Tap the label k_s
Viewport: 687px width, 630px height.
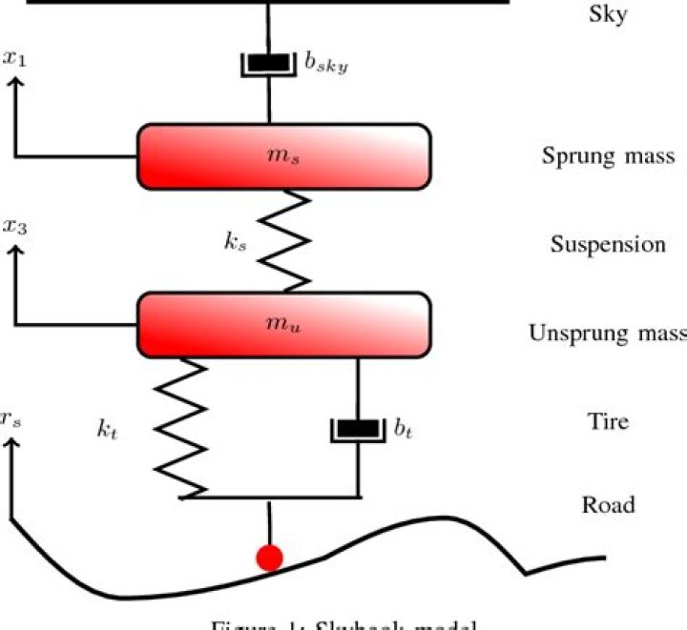pos(236,244)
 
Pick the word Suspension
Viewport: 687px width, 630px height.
pos(608,244)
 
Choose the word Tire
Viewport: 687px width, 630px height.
pos(608,419)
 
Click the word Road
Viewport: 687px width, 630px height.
pos(608,503)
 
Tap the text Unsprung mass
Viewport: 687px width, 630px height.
pos(608,334)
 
